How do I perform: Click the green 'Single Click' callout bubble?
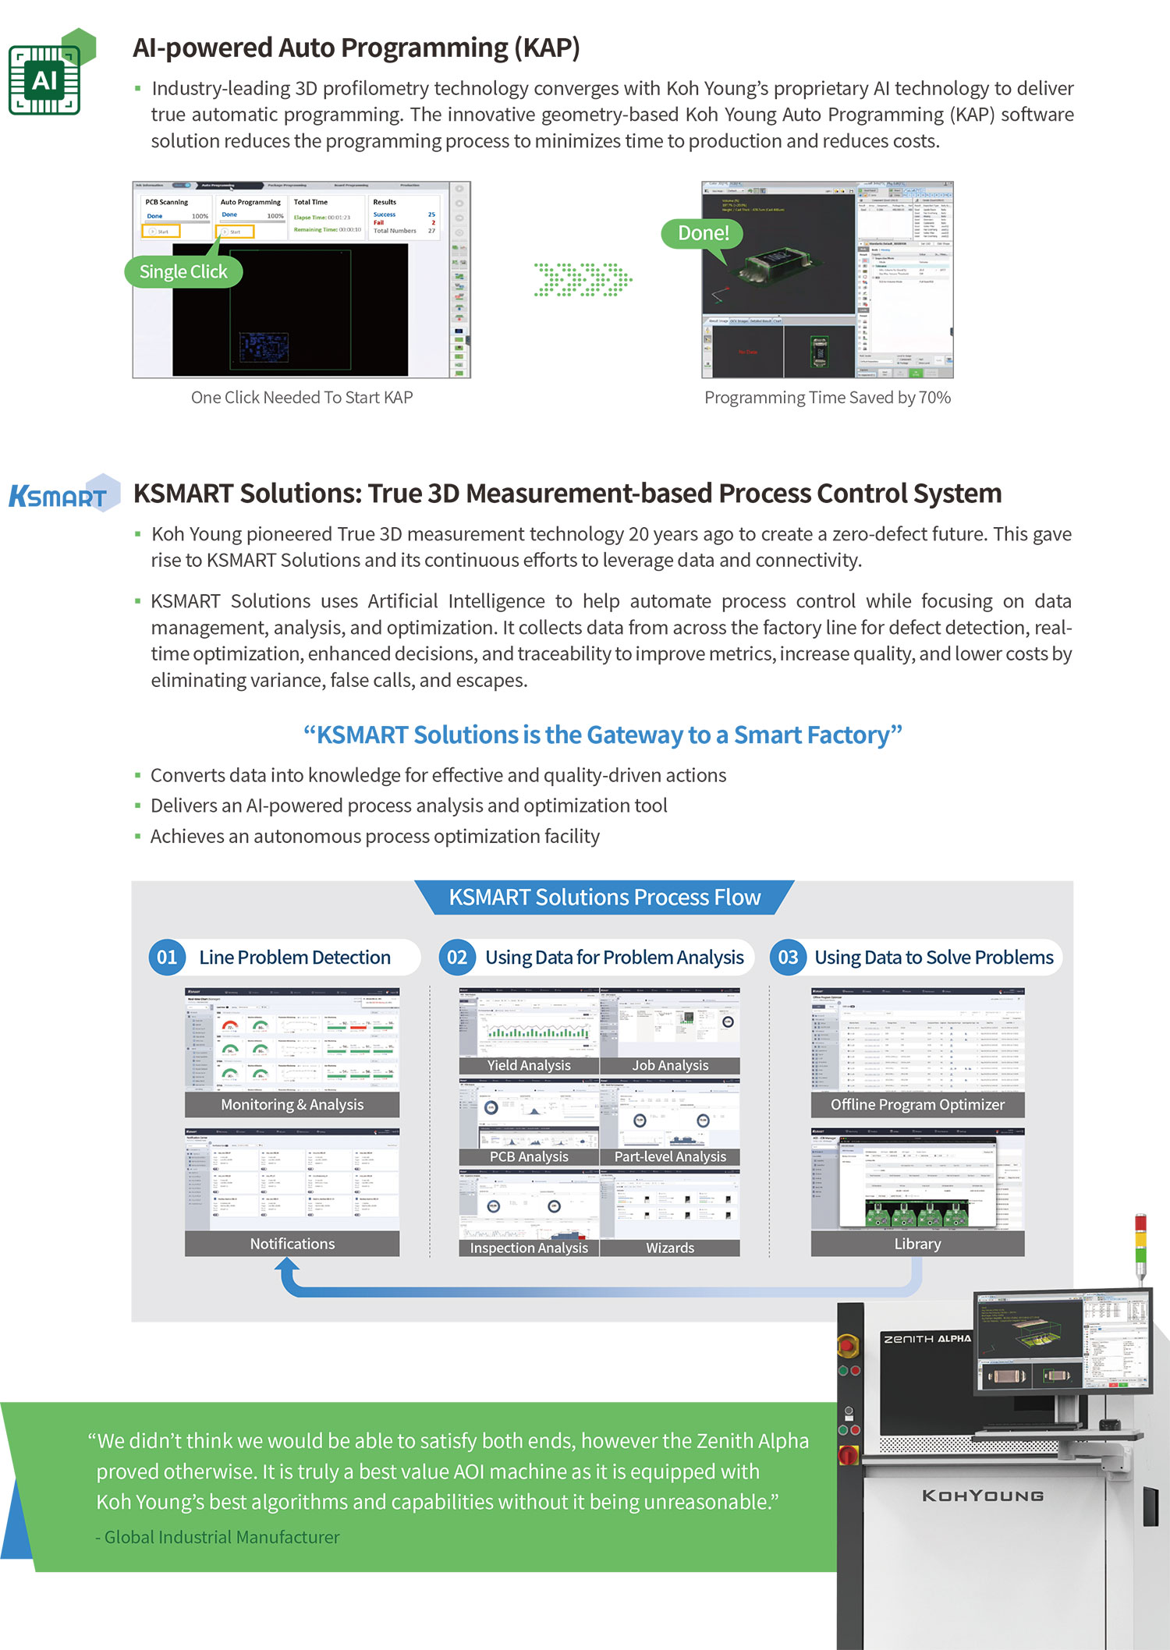click(183, 272)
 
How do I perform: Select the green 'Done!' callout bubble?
click(703, 233)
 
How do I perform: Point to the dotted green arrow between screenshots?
click(582, 279)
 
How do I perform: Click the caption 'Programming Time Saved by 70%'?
click(827, 398)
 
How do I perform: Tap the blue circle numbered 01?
click(167, 958)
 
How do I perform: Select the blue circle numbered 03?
click(788, 958)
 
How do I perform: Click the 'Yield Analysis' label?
click(529, 1065)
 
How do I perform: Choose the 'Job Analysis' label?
click(670, 1065)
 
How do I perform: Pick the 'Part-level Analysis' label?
click(670, 1157)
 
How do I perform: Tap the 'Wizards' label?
click(670, 1248)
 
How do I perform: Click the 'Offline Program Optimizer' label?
click(917, 1105)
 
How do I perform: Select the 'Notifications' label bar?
click(292, 1244)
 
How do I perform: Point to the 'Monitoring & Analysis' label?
click(292, 1105)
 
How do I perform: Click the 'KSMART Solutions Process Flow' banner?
click(604, 898)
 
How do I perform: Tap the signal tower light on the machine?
click(1140, 1240)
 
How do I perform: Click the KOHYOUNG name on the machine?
click(983, 1496)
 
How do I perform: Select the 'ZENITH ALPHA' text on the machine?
click(927, 1339)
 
